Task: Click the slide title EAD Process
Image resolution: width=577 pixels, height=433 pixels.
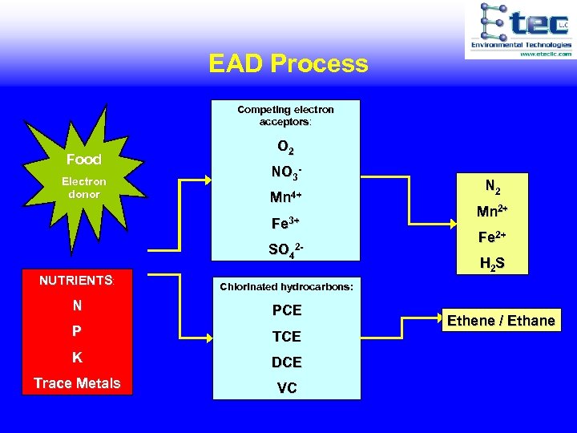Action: click(x=288, y=63)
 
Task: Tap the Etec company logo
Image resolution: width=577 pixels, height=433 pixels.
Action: click(x=519, y=30)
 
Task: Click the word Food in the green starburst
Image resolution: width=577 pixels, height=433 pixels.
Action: click(x=83, y=160)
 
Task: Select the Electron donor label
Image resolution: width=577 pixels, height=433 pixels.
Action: click(x=83, y=188)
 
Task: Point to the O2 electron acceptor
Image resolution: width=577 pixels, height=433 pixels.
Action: click(x=285, y=148)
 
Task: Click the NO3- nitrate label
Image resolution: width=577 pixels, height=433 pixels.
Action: click(x=286, y=172)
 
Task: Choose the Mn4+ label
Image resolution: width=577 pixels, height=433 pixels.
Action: click(x=286, y=196)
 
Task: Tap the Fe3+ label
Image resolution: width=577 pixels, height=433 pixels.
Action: click(x=286, y=222)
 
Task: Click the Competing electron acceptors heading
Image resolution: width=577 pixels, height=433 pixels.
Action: click(x=285, y=115)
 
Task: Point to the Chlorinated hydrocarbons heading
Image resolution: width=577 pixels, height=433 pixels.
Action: click(x=286, y=286)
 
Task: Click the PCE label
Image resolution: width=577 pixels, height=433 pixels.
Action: click(x=286, y=310)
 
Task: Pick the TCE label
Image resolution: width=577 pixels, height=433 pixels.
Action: click(x=286, y=336)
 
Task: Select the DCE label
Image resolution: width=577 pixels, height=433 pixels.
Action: click(x=286, y=362)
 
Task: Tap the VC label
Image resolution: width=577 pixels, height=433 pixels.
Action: click(x=286, y=388)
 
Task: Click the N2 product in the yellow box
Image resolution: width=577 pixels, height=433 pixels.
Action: click(x=493, y=188)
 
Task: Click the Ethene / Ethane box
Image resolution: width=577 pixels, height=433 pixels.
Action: click(x=501, y=321)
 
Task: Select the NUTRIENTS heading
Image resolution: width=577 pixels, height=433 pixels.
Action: click(x=76, y=280)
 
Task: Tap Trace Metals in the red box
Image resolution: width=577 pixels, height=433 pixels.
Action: click(x=77, y=383)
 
